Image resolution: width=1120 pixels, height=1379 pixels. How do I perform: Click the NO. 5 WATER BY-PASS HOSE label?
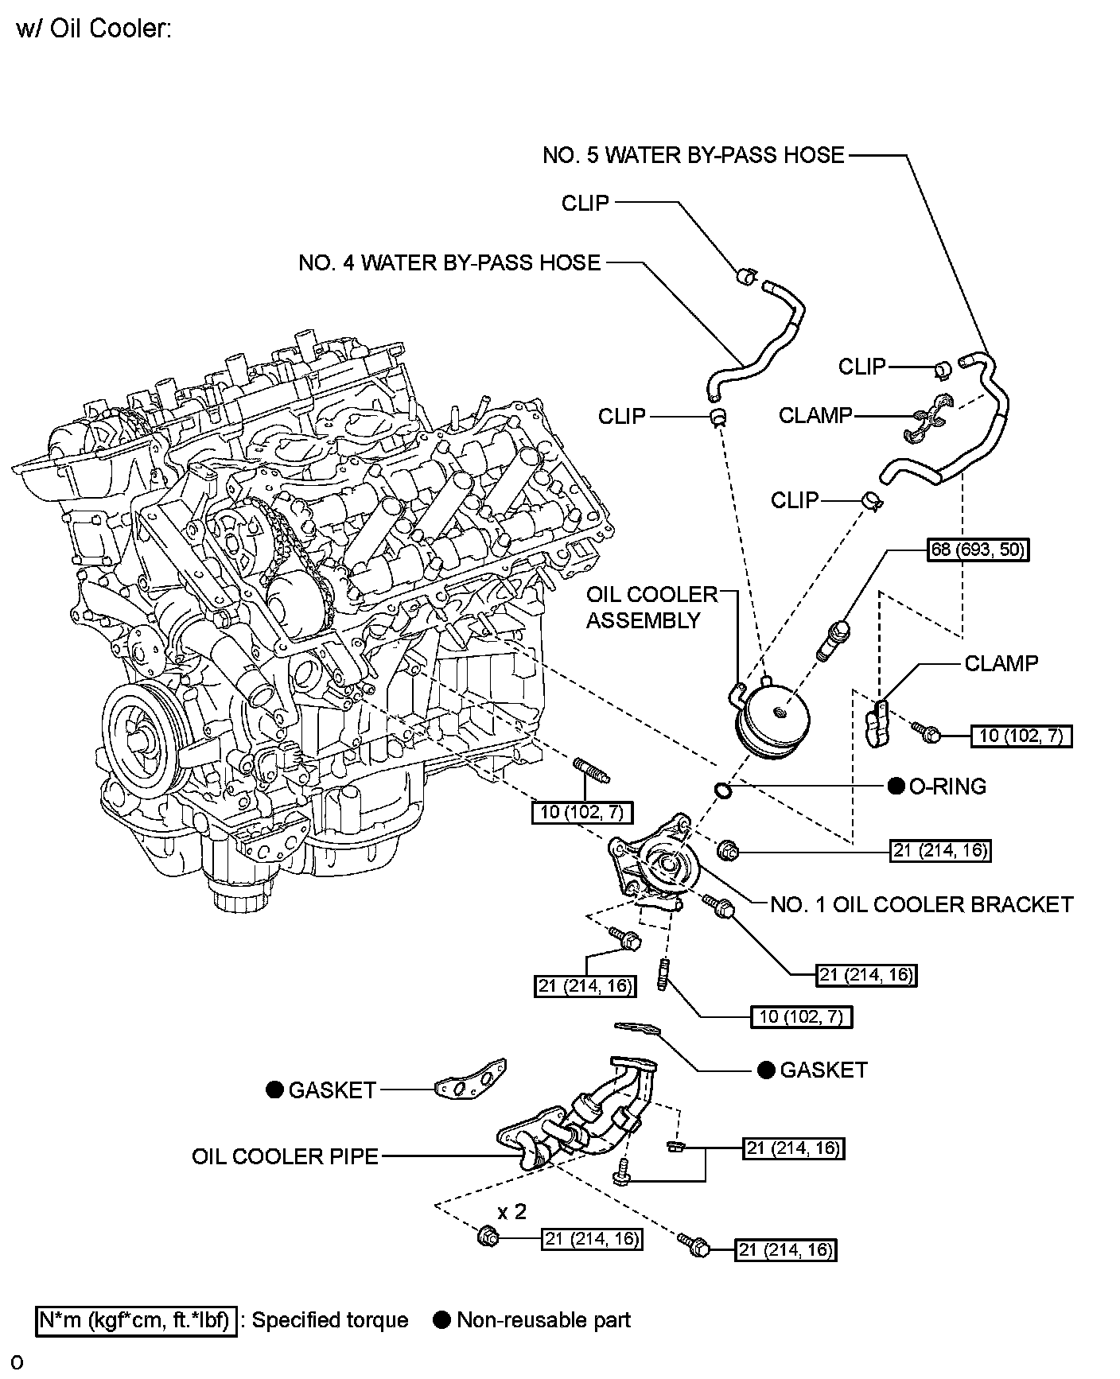coord(693,155)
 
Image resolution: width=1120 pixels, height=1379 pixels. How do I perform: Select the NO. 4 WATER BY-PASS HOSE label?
coord(449,263)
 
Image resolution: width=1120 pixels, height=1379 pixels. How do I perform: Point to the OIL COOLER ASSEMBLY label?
coord(651,608)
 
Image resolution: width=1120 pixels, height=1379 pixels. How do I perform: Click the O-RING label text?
coord(947,787)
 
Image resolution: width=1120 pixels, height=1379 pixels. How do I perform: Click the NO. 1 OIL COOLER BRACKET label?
coord(922,904)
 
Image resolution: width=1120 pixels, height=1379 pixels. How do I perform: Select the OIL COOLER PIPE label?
coord(285,1156)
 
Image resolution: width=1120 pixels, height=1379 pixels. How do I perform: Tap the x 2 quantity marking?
coord(512,1211)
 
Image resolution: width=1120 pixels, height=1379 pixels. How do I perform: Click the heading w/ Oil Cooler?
coord(94,30)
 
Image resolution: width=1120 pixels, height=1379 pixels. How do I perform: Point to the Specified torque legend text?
coord(330,1321)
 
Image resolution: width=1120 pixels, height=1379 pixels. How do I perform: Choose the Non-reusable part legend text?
coord(543,1321)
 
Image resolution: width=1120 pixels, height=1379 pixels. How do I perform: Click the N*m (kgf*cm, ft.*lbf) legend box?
coord(137,1321)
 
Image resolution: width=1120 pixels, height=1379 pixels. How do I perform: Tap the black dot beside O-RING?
coord(896,787)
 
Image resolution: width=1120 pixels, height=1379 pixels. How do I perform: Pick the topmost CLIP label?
coord(585,204)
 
